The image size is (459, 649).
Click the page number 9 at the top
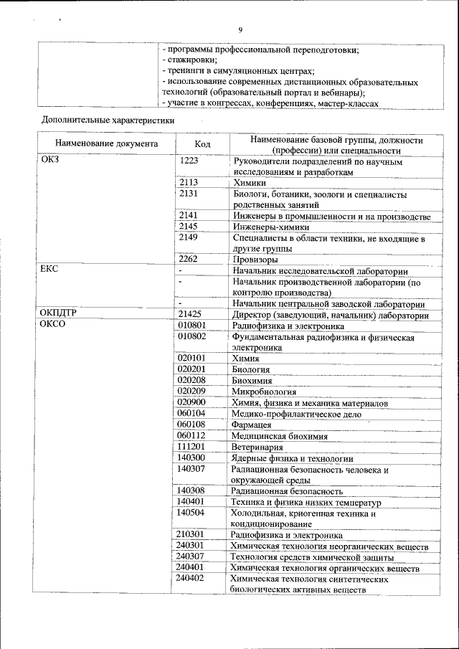tap(240, 29)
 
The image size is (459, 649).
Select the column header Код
tap(202, 144)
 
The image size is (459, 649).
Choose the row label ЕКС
tap(49, 268)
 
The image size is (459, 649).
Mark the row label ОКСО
tap(53, 325)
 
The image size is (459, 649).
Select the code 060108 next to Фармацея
tap(191, 425)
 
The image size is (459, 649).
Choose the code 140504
tap(191, 513)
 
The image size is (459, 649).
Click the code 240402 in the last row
tap(191, 578)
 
